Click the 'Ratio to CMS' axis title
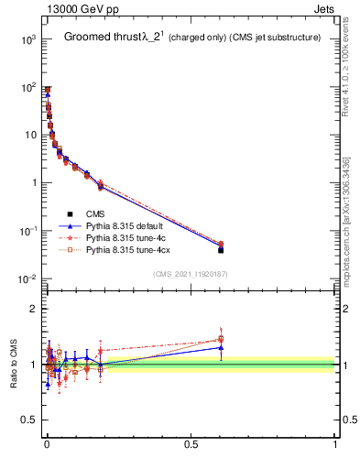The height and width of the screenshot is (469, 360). (15, 364)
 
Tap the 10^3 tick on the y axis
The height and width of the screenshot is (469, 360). (28, 39)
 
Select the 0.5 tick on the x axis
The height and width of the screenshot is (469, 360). (191, 444)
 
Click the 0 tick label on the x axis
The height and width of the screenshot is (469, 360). (47, 444)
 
